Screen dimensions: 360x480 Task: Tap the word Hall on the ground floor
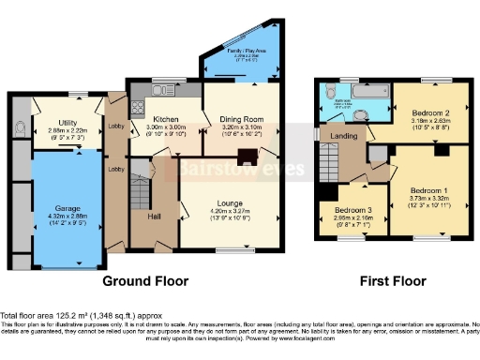pos(154,217)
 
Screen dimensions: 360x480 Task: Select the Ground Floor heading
pos(143,280)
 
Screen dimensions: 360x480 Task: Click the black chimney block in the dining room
pos(247,157)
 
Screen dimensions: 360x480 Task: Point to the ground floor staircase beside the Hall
pos(138,192)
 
